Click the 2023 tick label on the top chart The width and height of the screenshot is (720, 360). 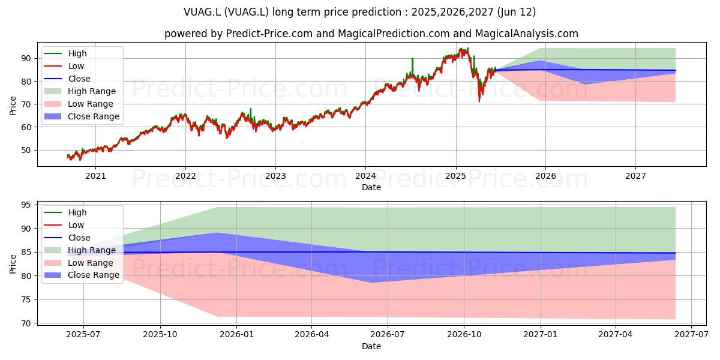coord(275,176)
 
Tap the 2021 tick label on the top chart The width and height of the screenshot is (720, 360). coord(95,176)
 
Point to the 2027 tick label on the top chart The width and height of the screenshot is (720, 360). coord(635,176)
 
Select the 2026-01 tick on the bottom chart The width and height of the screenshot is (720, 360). coord(236,335)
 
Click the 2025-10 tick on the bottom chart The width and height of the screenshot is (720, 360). coord(160,335)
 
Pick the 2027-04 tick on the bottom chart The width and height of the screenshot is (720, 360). coord(615,335)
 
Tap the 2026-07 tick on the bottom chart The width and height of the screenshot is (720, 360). coord(388,335)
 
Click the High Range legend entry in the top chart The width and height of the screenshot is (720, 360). coord(80,91)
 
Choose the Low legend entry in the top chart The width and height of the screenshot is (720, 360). coord(64,66)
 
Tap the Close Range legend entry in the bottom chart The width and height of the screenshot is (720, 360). coord(82,275)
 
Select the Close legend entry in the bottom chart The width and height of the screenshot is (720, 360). coord(67,238)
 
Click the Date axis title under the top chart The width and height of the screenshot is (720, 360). coord(371,187)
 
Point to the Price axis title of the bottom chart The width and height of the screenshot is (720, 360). coord(13,264)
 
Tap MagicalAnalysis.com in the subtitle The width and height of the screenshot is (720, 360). coord(527,34)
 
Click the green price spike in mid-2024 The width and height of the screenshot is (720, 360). coord(412,64)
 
